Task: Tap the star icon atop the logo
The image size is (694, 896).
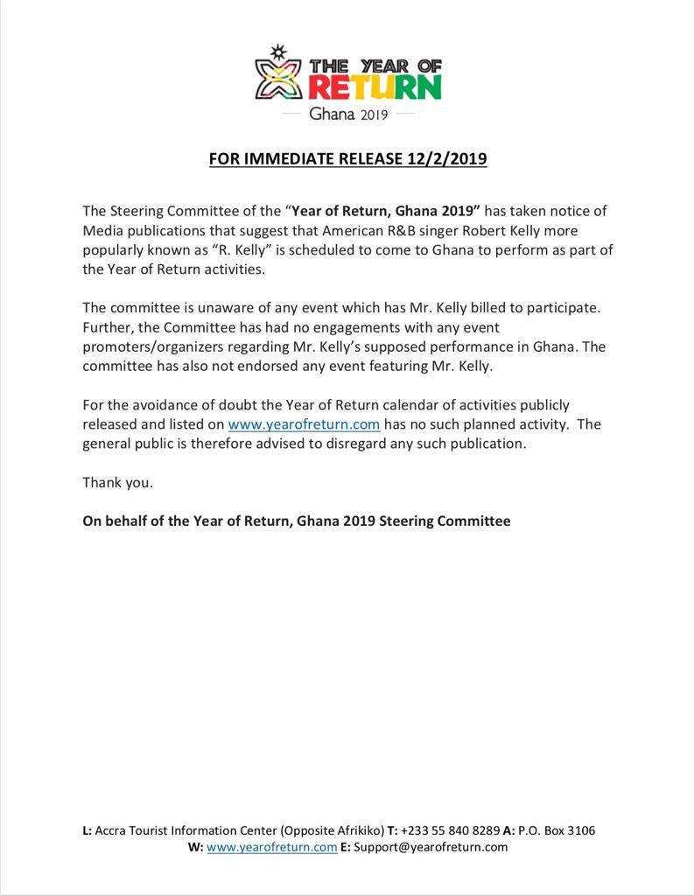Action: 279,51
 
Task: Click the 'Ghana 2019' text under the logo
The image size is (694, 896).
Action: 348,115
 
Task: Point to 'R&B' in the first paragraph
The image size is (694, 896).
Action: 353,231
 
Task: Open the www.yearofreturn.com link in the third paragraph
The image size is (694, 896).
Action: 304,424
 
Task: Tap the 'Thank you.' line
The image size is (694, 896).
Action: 117,482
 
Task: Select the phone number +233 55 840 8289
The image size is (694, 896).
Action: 451,830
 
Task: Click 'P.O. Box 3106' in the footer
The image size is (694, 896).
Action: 557,830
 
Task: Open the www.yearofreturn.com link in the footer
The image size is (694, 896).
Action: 272,847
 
